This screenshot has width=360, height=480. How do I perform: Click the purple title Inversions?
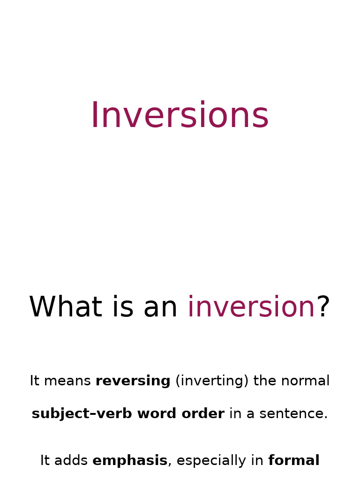(x=180, y=116)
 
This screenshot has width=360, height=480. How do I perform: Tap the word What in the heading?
(x=65, y=307)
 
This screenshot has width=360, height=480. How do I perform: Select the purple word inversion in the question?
(x=251, y=307)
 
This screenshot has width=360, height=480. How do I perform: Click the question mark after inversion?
(x=323, y=307)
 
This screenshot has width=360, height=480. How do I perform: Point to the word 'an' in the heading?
(x=160, y=307)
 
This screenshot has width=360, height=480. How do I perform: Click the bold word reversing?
(x=133, y=381)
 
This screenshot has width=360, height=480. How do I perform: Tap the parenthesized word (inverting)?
(x=212, y=381)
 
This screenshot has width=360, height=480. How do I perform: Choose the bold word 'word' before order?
(x=157, y=414)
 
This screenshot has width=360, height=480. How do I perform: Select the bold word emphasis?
(x=130, y=461)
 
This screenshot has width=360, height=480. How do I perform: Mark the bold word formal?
(x=293, y=461)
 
